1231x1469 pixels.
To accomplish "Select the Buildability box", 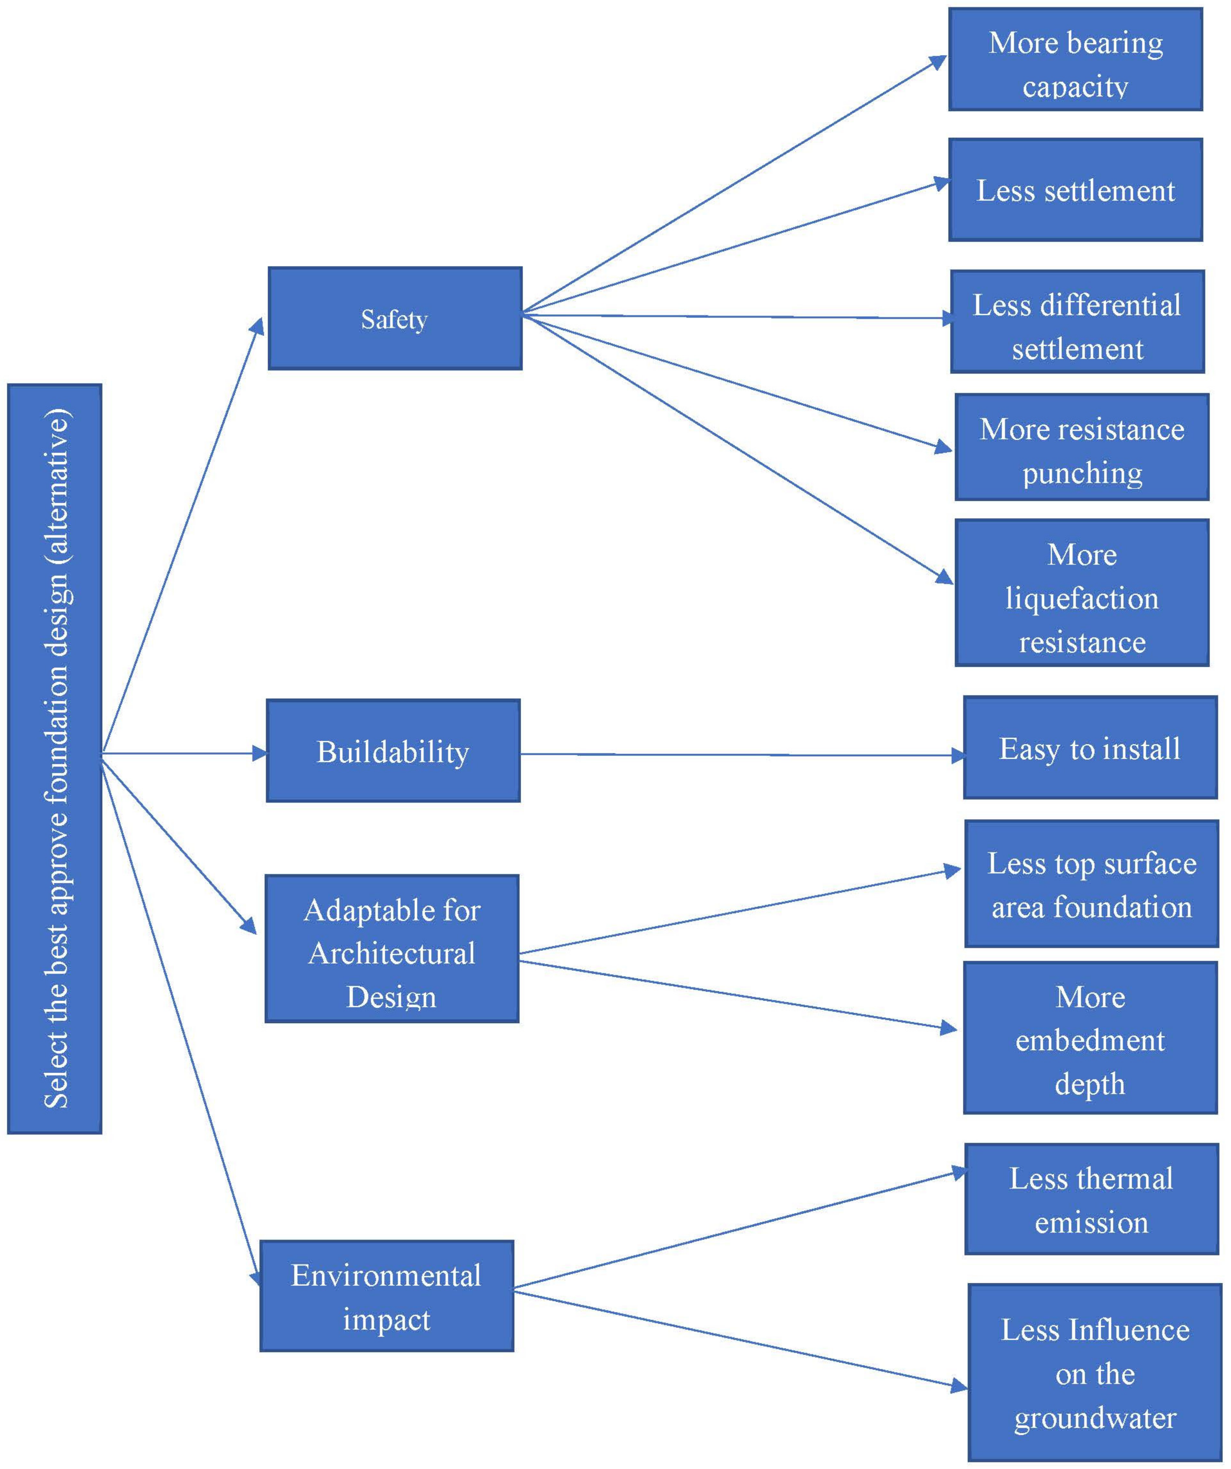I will [x=393, y=750].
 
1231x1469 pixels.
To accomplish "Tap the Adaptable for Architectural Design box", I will [x=392, y=948].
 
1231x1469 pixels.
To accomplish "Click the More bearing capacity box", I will [x=1075, y=60].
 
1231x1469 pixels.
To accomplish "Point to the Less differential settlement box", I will [x=1077, y=322].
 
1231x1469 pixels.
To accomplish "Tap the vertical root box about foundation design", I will [x=54, y=759].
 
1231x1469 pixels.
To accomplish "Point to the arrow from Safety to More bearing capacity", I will [x=734, y=185].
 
